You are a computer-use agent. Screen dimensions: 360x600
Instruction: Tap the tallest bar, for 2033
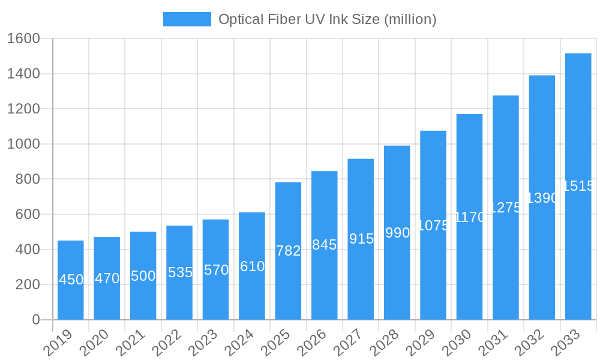[578, 252]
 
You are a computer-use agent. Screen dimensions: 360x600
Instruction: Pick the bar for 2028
[397, 276]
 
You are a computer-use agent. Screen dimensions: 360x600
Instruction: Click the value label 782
[288, 251]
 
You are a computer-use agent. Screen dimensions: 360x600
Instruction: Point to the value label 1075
[433, 226]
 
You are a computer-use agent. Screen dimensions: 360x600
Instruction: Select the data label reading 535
[180, 272]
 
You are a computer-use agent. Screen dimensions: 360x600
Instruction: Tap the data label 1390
[542, 198]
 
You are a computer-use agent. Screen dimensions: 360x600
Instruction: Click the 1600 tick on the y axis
[23, 38]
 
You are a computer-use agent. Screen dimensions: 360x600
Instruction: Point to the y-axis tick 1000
[23, 144]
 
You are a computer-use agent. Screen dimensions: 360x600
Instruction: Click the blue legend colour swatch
[187, 19]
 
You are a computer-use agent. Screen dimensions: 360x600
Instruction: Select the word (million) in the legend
[410, 19]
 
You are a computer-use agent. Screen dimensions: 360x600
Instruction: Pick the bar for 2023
[215, 294]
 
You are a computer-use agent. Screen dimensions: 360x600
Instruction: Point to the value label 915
[361, 239]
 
